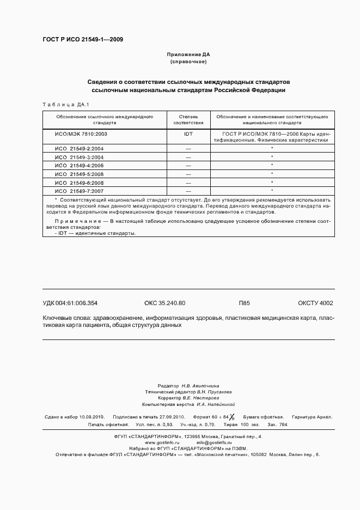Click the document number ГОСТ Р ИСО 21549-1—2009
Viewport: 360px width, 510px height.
pyautogui.click(x=82, y=40)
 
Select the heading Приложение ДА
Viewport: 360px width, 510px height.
pyautogui.click(x=188, y=55)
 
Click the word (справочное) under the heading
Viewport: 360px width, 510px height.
pyautogui.click(x=188, y=62)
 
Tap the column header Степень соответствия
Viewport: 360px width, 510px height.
pyautogui.click(x=188, y=120)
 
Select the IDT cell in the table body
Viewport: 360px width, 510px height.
pyautogui.click(x=188, y=133)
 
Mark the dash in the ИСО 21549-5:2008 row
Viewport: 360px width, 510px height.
pyautogui.click(x=188, y=174)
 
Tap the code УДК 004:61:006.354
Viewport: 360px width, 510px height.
pyautogui.click(x=70, y=303)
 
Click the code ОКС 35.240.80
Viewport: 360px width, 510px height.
pyautogui.click(x=164, y=303)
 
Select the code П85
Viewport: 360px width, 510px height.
pyautogui.click(x=244, y=303)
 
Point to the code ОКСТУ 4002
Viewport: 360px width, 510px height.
pyautogui.click(x=315, y=303)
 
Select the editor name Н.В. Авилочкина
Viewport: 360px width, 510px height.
pyautogui.click(x=207, y=385)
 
